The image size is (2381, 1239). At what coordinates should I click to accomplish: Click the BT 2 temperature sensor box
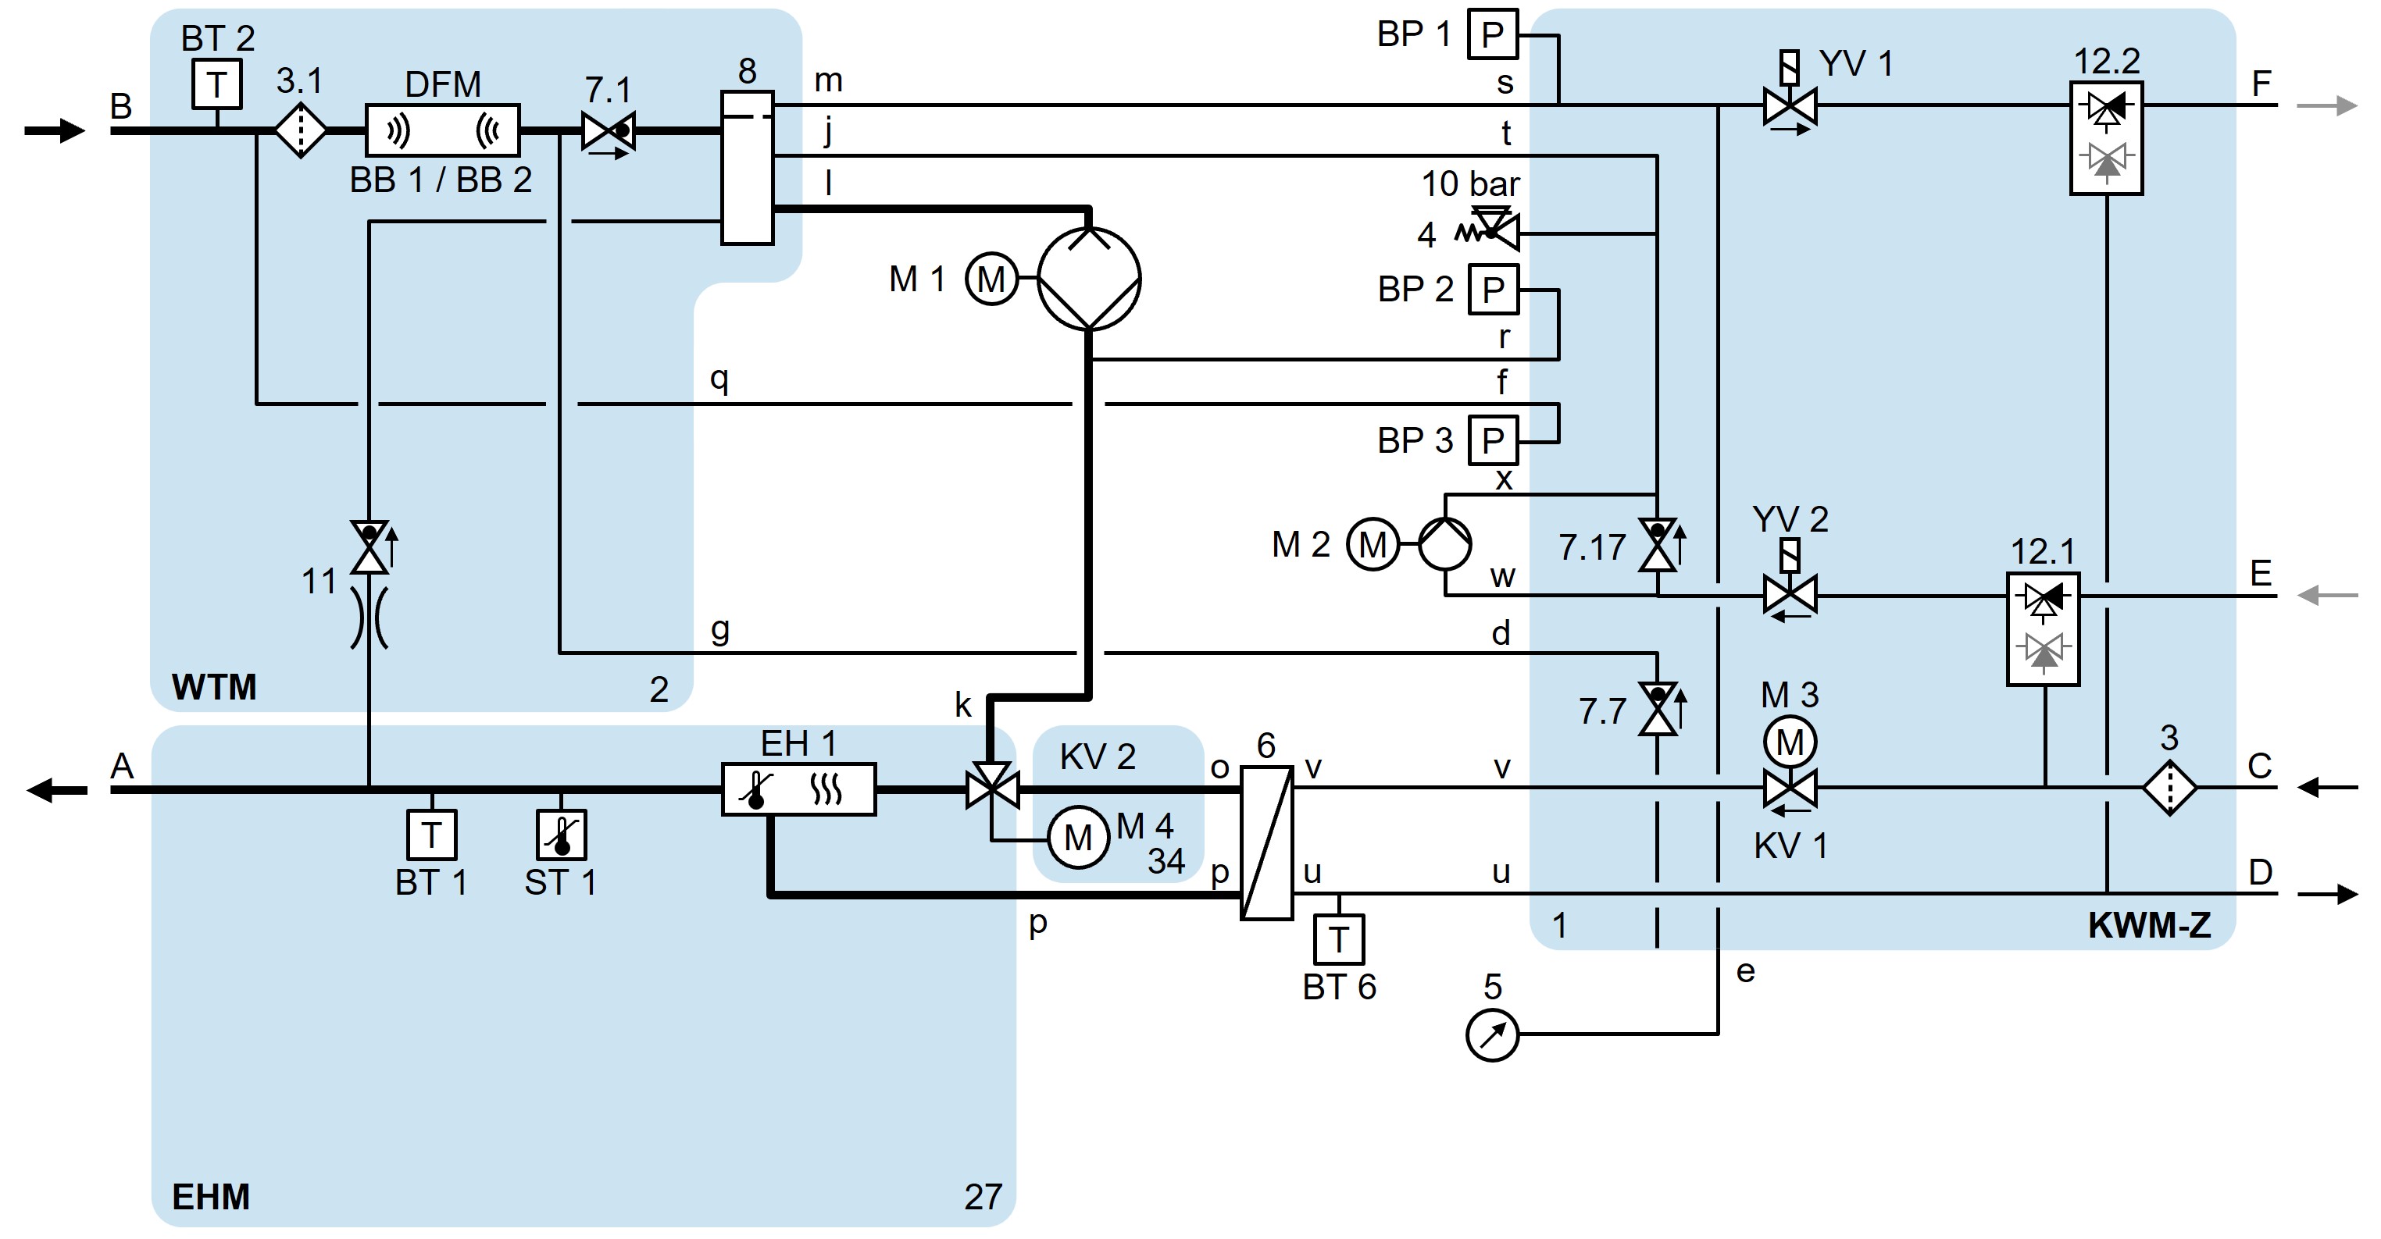217,84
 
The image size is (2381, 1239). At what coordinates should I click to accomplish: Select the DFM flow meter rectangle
443,130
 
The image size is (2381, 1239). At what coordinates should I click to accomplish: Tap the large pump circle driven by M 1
1089,278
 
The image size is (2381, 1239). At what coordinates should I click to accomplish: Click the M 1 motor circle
991,279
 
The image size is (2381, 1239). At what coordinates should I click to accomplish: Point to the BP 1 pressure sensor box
1493,35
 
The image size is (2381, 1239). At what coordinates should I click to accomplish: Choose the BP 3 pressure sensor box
1493,441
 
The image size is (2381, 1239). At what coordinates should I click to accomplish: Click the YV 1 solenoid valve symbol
1790,105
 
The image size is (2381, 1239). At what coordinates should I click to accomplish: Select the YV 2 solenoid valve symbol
1790,594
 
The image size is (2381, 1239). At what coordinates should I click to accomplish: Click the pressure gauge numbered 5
1492,1034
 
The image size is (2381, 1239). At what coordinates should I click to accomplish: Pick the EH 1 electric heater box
798,789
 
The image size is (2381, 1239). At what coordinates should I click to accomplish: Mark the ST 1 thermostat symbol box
561,835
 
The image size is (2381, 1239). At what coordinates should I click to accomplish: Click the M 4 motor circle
1078,838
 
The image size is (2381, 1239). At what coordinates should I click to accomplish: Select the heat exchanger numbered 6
1265,842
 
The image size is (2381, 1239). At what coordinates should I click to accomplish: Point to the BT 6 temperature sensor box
1338,940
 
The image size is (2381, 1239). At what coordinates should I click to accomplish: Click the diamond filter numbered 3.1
301,131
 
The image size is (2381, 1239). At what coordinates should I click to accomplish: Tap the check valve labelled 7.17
1658,545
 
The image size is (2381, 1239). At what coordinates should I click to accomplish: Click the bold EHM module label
211,1197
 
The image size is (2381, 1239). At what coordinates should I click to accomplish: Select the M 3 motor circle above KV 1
1790,742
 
